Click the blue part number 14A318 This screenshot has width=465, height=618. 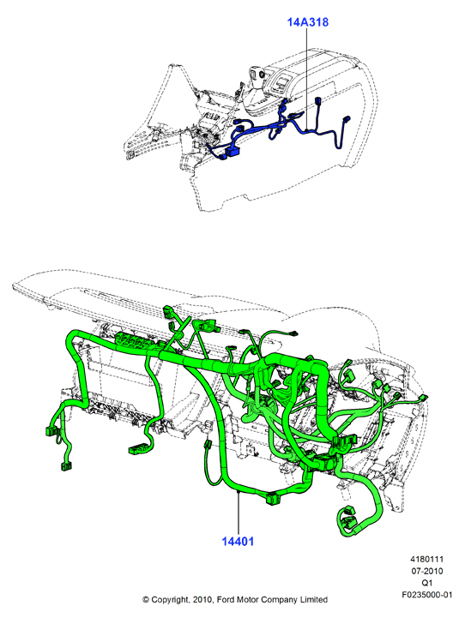point(307,22)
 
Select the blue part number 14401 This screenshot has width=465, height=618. point(238,541)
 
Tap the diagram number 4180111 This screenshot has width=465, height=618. point(426,559)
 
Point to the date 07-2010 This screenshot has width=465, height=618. point(426,571)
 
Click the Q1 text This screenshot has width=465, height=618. point(426,583)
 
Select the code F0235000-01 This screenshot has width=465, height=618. point(427,594)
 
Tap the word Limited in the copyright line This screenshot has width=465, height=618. point(314,599)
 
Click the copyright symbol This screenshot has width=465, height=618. point(146,600)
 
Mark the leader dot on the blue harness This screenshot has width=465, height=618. point(306,130)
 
